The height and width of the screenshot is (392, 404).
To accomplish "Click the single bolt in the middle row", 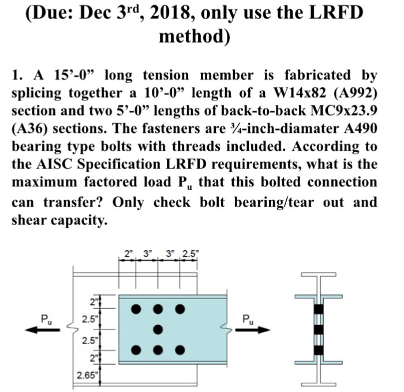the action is (158, 329).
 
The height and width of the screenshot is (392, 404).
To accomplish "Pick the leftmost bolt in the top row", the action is (136, 309).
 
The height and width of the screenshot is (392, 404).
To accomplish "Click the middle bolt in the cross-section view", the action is (319, 330).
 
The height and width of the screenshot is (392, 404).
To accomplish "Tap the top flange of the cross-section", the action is (319, 296).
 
